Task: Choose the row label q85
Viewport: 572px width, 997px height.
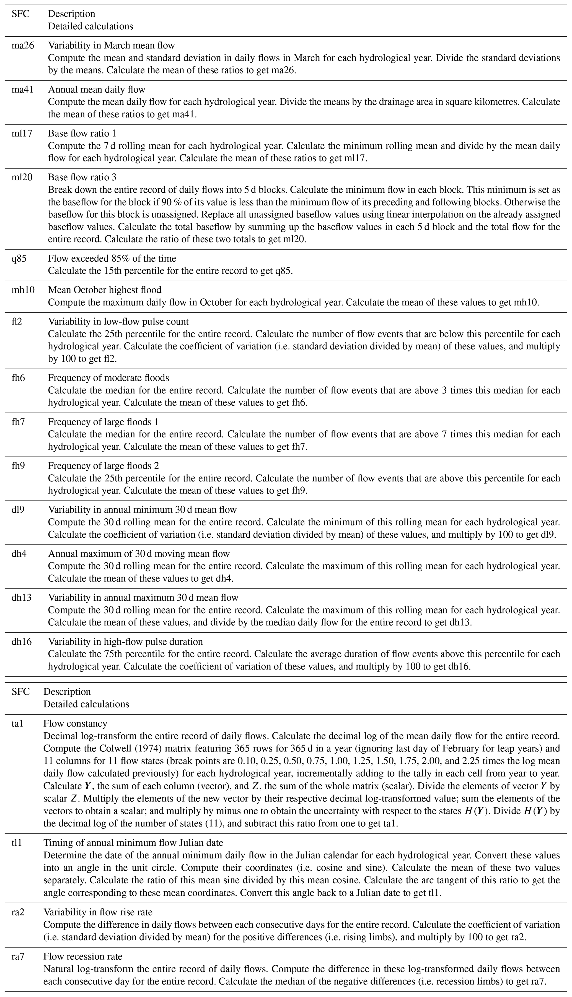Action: click(19, 259)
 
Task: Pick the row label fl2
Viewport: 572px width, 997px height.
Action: click(17, 321)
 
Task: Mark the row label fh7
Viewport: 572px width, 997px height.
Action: click(18, 422)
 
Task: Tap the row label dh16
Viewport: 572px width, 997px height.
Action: click(22, 642)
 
